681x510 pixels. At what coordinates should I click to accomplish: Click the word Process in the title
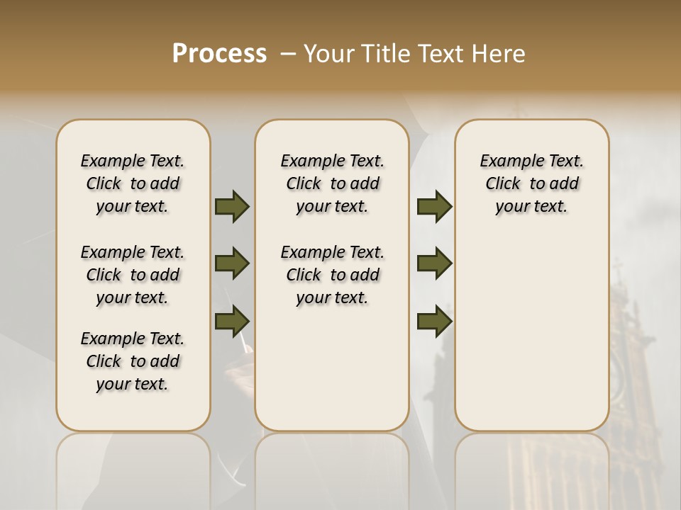coord(219,53)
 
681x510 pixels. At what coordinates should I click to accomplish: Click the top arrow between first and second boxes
coord(232,206)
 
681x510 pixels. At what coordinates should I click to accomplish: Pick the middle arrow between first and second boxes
coord(232,263)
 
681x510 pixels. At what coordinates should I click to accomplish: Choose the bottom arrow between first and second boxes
coord(232,321)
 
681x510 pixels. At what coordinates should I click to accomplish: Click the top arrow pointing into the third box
coord(434,206)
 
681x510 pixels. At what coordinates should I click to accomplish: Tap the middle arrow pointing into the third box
coord(434,263)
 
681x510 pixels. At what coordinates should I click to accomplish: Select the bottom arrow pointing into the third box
coord(434,321)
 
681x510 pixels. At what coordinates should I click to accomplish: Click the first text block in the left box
coord(133,183)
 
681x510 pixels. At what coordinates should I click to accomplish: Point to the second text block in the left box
coord(133,275)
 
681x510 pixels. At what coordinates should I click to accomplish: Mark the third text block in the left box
coord(133,361)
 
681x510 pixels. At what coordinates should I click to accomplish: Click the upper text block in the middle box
coord(332,183)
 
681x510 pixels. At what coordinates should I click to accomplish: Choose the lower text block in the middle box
coord(332,275)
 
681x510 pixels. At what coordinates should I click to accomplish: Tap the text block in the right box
coord(531,183)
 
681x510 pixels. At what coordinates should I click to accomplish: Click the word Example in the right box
coord(507,161)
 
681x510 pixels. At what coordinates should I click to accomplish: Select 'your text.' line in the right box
coord(531,206)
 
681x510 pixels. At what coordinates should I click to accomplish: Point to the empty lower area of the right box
coord(531,333)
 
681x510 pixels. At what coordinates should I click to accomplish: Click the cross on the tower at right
coord(617,268)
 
